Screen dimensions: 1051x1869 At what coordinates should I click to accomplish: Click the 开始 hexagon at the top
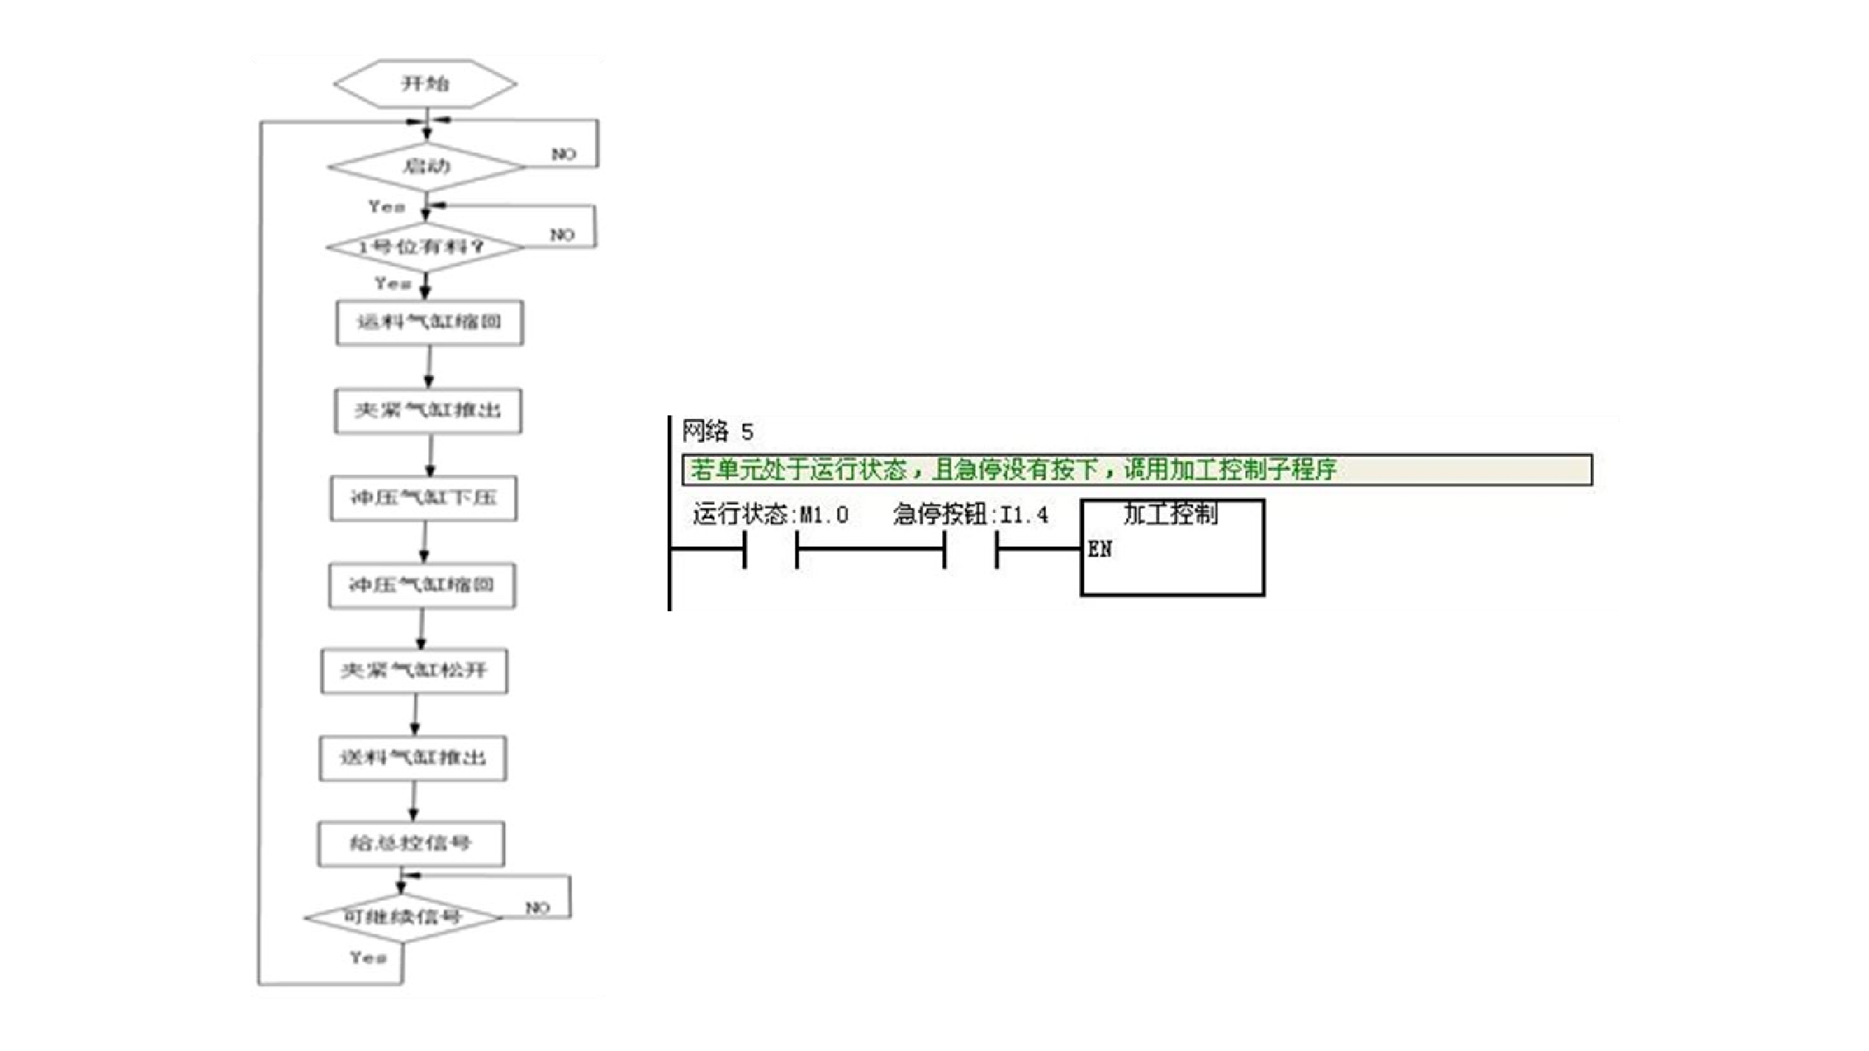pos(425,84)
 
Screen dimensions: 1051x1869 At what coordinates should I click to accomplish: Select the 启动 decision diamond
pos(427,166)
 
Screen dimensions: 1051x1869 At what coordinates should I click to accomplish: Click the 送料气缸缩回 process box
pos(430,322)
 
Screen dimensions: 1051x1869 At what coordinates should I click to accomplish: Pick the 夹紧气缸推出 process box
pos(428,410)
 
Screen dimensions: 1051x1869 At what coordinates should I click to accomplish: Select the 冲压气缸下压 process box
pos(424,497)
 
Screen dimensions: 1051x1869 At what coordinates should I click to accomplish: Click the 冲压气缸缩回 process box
pos(422,585)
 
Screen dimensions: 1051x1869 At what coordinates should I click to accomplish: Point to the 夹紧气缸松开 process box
pos(414,671)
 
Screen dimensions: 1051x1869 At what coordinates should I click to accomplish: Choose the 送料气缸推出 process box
pos(413,758)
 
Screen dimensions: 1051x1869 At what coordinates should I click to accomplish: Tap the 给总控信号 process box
pos(411,843)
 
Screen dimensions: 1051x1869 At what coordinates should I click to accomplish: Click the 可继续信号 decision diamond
pos(403,917)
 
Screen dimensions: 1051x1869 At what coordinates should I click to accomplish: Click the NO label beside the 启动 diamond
pos(563,154)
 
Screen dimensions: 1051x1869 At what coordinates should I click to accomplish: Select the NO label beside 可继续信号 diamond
pos(537,908)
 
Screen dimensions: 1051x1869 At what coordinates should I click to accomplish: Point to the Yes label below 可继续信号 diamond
pos(368,958)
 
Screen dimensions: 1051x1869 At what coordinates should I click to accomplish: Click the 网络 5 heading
pos(717,432)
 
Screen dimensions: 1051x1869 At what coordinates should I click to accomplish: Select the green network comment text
pos(1013,470)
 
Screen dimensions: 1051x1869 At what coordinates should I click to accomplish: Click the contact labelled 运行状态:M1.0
pos(770,549)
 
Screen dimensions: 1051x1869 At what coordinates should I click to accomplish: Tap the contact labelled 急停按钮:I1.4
pos(970,549)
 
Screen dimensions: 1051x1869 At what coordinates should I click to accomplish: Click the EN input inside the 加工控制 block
pos(1099,549)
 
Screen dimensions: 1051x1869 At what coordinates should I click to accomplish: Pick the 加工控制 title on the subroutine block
pos(1171,514)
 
